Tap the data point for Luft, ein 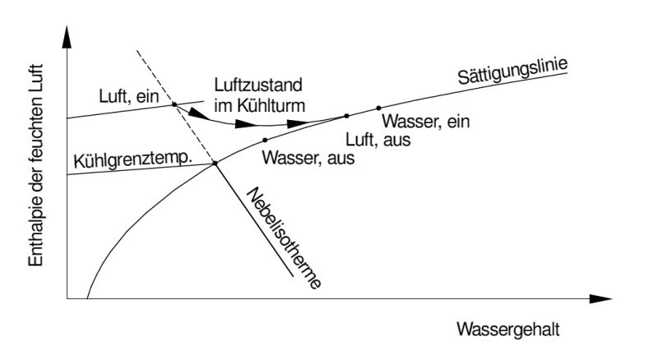pos(174,104)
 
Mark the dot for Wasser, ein pos(378,108)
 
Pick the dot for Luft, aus pos(346,116)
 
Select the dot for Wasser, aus pos(265,140)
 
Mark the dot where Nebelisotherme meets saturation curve pos(215,164)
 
